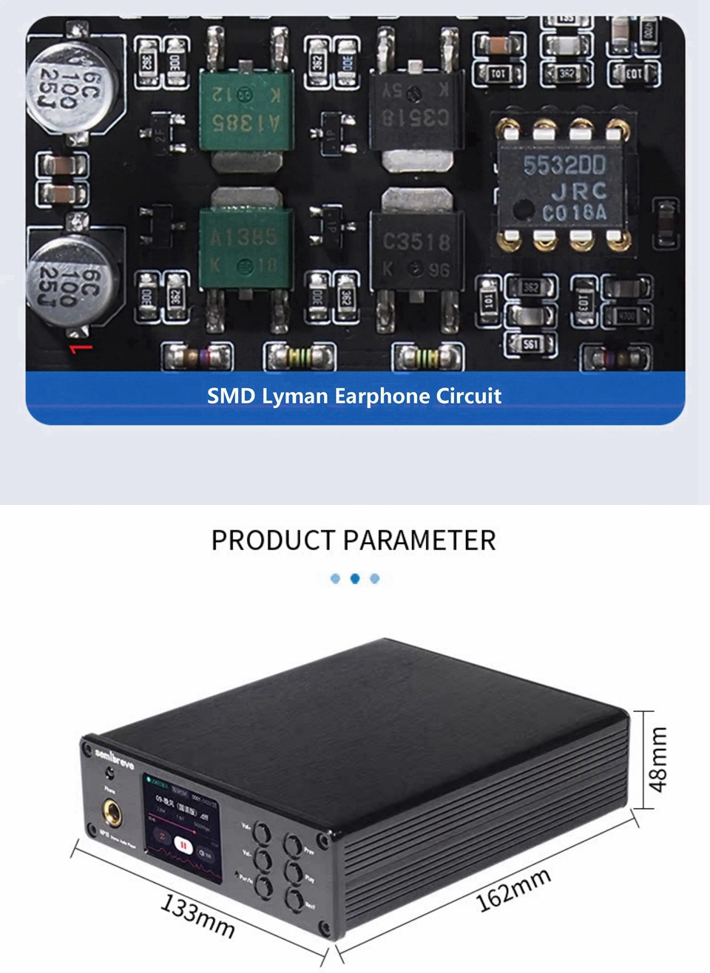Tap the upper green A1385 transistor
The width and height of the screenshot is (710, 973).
click(x=246, y=109)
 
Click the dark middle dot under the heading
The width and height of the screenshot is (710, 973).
click(x=355, y=578)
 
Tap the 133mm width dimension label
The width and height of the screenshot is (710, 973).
click(x=198, y=915)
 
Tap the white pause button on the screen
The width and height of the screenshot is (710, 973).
click(x=183, y=844)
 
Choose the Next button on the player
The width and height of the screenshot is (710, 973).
click(x=295, y=901)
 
